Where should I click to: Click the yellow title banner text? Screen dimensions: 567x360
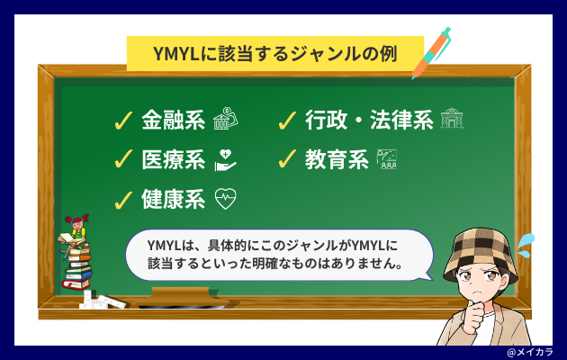[x=275, y=54]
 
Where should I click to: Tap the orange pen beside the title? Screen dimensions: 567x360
[x=432, y=53]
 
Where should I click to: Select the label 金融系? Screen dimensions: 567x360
[x=173, y=120]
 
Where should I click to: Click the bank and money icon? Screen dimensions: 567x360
[x=225, y=118]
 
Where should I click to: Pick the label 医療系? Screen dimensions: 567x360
[x=173, y=160]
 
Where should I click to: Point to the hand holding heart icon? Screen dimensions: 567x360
[x=225, y=160]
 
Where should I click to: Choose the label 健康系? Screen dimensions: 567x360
[x=173, y=199]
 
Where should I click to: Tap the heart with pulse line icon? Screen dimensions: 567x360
[x=226, y=199]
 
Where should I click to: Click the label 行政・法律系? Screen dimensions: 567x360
[x=369, y=120]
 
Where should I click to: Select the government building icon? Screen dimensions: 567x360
[x=452, y=119]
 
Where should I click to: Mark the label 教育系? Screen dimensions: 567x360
[x=337, y=160]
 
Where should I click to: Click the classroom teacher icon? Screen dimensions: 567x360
[x=387, y=159]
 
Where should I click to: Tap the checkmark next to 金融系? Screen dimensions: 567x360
[x=123, y=121]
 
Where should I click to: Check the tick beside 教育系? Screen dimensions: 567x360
[x=287, y=159]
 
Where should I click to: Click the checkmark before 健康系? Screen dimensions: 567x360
[x=123, y=200]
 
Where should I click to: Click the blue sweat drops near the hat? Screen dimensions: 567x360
[x=526, y=246]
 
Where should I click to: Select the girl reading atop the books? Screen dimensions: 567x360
[x=75, y=234]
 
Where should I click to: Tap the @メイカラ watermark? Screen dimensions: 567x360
[x=530, y=353]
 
